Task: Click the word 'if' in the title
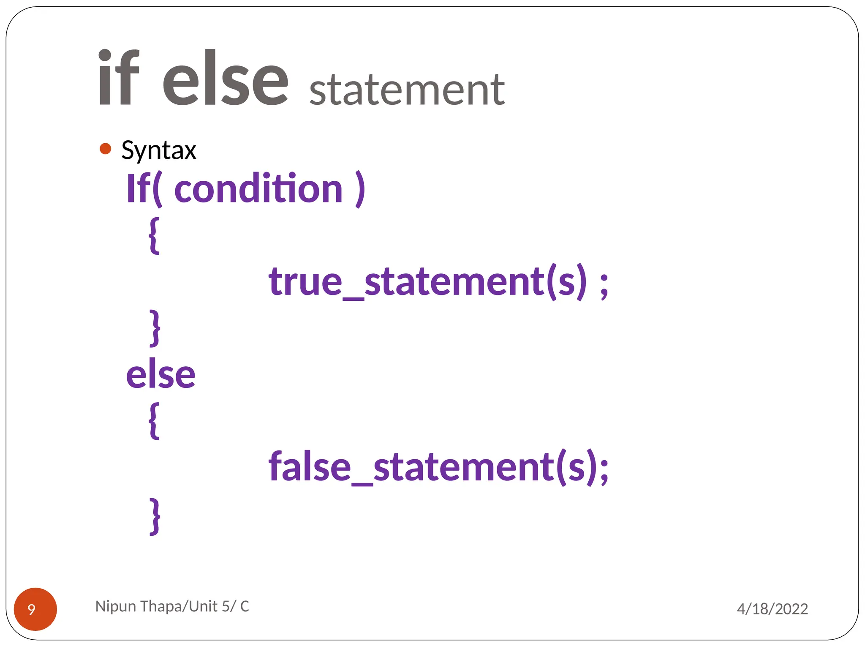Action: (118, 78)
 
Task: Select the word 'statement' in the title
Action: (407, 90)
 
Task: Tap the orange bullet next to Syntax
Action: (105, 149)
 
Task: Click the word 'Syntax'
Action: (159, 150)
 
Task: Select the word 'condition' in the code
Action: (258, 189)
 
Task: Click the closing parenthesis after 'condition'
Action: (360, 189)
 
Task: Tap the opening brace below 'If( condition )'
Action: (155, 235)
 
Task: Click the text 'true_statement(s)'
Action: (427, 282)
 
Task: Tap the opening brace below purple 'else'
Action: (155, 421)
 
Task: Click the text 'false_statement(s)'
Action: (433, 467)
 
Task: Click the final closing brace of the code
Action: (155, 516)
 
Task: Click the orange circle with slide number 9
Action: (35, 609)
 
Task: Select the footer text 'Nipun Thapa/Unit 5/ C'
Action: (172, 606)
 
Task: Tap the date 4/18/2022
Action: (772, 609)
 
